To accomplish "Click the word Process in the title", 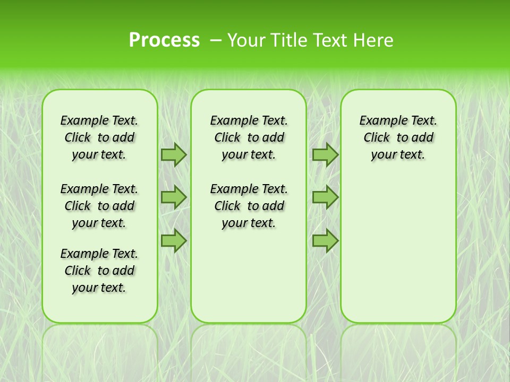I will tap(164, 40).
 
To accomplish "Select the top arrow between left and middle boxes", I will tap(174, 154).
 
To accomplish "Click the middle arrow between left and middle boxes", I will tap(174, 197).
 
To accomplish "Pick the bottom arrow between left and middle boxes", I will tap(174, 240).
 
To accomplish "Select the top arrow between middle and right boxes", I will tap(325, 154).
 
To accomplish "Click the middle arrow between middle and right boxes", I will tap(325, 197).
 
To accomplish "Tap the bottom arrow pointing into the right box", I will tap(325, 240).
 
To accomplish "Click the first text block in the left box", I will tap(99, 137).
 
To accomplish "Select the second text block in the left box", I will tap(99, 206).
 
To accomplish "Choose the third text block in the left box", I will tap(99, 271).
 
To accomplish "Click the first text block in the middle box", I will tap(249, 137).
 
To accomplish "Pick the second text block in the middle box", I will tap(249, 206).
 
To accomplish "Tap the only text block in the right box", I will tap(398, 137).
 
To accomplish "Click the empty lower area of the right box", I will tap(398, 255).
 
